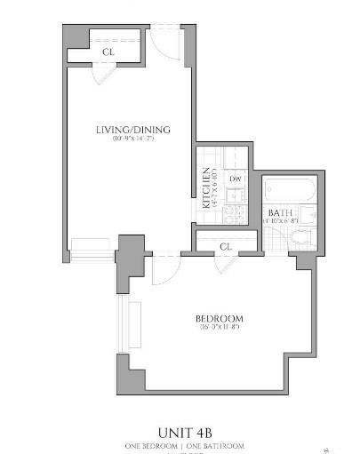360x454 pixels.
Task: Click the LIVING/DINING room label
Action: [x=133, y=131]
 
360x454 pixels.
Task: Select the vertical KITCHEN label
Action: [x=206, y=187]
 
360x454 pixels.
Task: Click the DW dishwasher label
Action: [x=236, y=179]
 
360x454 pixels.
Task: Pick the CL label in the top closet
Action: [x=108, y=52]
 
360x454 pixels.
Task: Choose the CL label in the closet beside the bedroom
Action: [x=225, y=245]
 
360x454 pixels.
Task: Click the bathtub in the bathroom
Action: [x=291, y=188]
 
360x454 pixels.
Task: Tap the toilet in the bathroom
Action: [x=302, y=236]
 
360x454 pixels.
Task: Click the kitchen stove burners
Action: [x=236, y=213]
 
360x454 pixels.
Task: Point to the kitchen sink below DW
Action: [x=236, y=195]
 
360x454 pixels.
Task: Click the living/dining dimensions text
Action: [x=133, y=140]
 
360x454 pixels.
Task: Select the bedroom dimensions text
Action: [x=219, y=329]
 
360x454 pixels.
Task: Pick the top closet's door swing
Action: [x=104, y=74]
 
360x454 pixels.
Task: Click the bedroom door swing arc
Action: [x=166, y=270]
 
